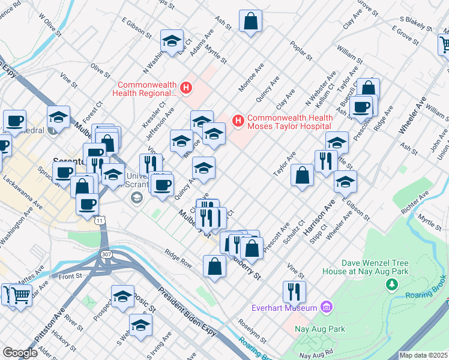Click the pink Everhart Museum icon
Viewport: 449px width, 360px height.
[x=327, y=308]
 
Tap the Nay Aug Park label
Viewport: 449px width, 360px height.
[x=319, y=329]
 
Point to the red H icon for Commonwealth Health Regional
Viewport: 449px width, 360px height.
[x=186, y=89]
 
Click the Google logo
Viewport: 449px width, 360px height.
[x=20, y=353]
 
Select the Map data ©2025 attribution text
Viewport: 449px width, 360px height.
[x=423, y=355]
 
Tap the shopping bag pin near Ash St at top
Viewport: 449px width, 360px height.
[x=250, y=22]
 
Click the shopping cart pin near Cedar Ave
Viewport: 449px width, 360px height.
[x=20, y=295]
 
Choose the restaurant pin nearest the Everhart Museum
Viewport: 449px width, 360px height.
[x=294, y=292]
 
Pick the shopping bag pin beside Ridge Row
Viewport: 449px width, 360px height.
[x=214, y=267]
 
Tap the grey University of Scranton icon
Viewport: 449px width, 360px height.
[x=136, y=198]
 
